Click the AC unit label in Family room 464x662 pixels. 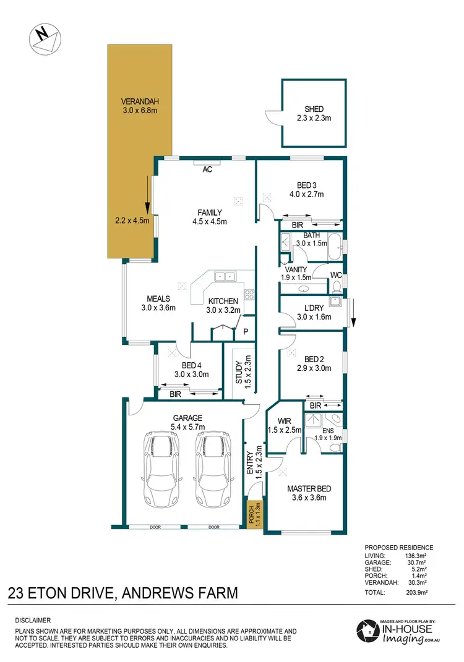click(x=208, y=169)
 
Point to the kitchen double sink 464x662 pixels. click(x=223, y=276)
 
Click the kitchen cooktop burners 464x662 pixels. click(x=250, y=295)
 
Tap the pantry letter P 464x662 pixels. click(x=246, y=332)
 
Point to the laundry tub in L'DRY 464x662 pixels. click(x=335, y=302)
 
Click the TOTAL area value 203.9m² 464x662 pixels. click(x=421, y=592)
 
